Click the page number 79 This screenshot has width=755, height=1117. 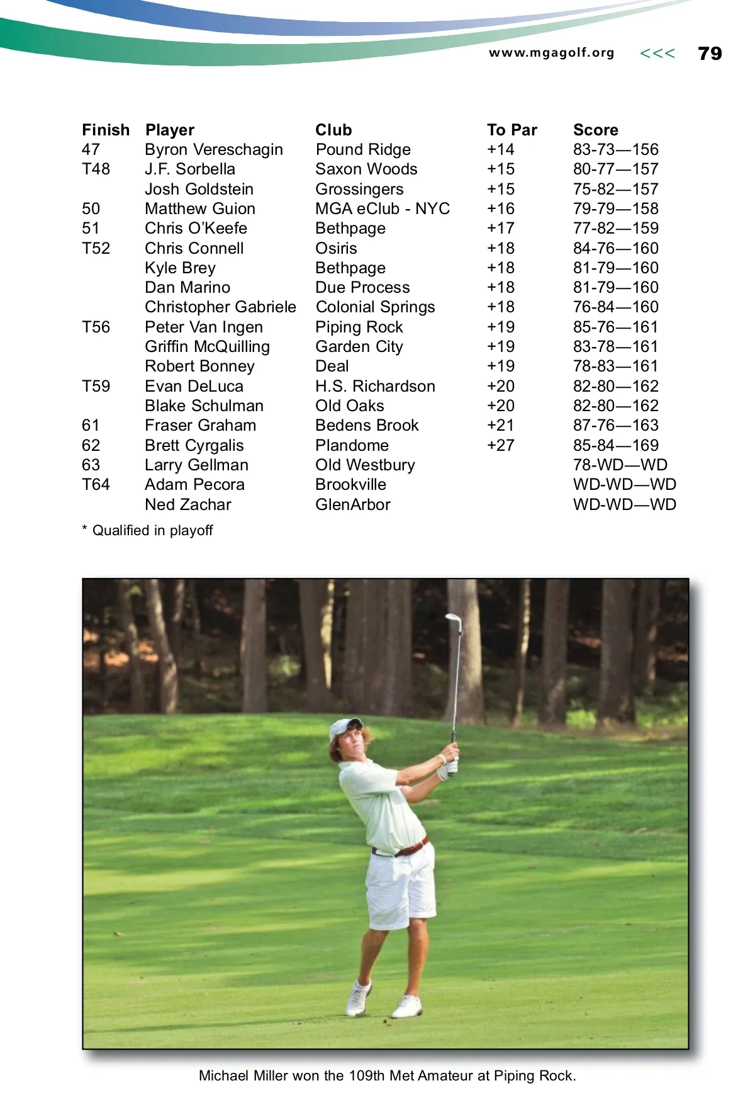coord(710,54)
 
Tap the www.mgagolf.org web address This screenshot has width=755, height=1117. coord(551,53)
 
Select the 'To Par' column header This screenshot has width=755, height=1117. coord(512,130)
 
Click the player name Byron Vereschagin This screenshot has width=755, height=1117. coord(213,149)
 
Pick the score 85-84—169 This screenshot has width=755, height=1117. coord(615,445)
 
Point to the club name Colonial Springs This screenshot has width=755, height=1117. coord(375,307)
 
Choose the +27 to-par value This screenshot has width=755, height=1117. coord(500,445)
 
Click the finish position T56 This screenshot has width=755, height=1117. coord(96,327)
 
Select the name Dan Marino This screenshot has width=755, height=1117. coord(187,287)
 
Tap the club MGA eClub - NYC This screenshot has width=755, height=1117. coord(383,208)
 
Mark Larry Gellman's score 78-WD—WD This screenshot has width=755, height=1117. coord(620,465)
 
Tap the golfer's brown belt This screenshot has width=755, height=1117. coord(409,848)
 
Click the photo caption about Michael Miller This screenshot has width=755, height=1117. coord(387,1075)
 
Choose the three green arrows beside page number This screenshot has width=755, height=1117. coord(657,54)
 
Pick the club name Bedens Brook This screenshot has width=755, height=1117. coord(367,425)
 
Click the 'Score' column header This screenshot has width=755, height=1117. coord(595,130)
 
